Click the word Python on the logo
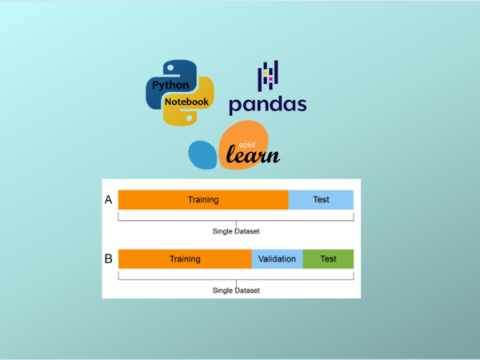171,85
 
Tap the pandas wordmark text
267,104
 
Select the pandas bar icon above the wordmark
267,77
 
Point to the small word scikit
254,134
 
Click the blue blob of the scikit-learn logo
202,153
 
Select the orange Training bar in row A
203,199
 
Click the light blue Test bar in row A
321,199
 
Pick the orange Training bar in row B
185,259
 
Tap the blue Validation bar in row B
278,259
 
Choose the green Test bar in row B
328,259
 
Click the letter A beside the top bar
109,200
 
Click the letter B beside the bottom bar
109,259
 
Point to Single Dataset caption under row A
236,231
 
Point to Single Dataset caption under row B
236,290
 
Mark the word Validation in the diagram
278,259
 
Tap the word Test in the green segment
328,259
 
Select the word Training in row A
203,199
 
